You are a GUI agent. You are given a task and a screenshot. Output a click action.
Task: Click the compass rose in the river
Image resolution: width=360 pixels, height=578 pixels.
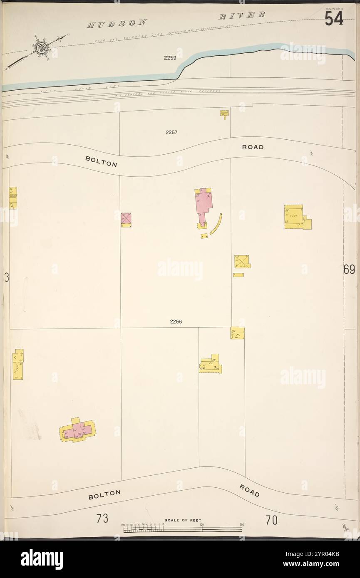pos(41,47)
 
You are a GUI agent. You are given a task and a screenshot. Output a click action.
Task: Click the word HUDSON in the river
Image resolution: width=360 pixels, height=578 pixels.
pos(117,24)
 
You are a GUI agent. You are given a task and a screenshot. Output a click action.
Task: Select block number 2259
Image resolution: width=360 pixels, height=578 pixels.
pos(170,58)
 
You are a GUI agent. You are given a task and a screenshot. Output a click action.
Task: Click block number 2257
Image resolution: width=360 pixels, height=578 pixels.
pos(171,132)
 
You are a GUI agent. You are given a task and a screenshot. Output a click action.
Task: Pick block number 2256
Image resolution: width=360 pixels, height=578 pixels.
pos(176,321)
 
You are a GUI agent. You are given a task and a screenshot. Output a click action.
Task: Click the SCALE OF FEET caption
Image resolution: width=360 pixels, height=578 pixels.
pos(183,520)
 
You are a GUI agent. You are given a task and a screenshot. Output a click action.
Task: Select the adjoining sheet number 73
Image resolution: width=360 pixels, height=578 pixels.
pos(102,519)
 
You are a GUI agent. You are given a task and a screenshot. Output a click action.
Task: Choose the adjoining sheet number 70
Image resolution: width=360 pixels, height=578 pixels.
pos(271,520)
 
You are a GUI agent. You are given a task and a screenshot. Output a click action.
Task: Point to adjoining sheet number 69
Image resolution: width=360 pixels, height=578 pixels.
pos(349,270)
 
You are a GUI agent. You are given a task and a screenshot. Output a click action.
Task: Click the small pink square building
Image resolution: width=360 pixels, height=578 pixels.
pos(126,219)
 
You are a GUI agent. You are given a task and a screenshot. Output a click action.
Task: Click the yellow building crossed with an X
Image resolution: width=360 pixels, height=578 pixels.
pos(241,262)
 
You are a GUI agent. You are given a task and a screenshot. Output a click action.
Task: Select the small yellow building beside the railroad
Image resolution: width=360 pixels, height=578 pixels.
pos(224,113)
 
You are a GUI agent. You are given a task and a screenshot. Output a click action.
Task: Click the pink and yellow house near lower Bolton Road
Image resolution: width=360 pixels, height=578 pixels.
pos(78,430)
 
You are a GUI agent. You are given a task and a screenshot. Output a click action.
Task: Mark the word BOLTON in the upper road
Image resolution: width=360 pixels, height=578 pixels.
pos(101,161)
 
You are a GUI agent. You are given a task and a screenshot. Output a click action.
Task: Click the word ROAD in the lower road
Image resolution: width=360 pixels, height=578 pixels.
pos(249,491)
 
